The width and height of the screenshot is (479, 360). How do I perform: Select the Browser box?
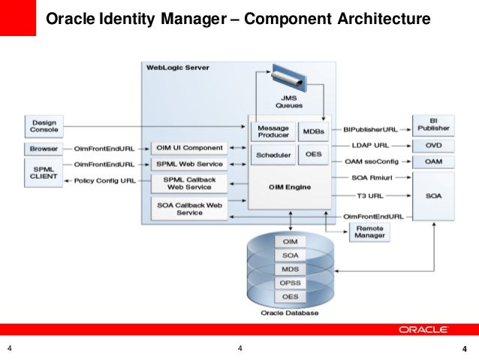point(44,149)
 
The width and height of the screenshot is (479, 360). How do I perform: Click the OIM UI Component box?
point(188,148)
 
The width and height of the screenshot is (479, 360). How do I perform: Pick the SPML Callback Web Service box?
point(188,183)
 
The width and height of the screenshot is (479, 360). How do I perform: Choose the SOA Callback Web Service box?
point(188,208)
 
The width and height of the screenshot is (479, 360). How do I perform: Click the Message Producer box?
point(273,131)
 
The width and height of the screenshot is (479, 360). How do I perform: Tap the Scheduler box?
point(273,156)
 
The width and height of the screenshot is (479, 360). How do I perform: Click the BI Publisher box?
point(433,124)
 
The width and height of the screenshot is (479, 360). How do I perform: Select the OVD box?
point(433,145)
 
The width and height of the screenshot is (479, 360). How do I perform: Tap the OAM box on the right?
point(433,162)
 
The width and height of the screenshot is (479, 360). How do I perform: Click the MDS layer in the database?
point(289,268)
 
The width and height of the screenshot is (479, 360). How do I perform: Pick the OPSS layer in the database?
point(289,283)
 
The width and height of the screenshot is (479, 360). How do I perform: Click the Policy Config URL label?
point(105,181)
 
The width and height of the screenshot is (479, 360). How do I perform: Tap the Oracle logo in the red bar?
point(423,329)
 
